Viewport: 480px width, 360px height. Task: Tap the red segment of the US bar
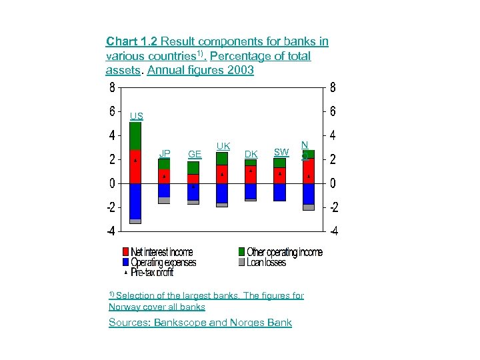click(x=135, y=167)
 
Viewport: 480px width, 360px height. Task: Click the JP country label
click(x=164, y=153)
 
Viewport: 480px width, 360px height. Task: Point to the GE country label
click(x=195, y=154)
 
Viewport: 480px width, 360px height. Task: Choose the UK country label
click(x=223, y=145)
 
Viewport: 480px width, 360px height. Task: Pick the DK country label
click(x=251, y=154)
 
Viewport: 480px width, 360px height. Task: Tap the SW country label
click(x=281, y=153)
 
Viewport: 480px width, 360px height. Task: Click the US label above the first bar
click(x=136, y=116)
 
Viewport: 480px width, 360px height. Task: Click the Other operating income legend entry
click(x=284, y=252)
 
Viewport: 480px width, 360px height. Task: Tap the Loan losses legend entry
click(x=266, y=262)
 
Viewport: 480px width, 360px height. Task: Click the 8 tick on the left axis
click(x=112, y=87)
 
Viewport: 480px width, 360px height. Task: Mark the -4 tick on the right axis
click(x=335, y=231)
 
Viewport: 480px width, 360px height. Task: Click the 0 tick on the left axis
click(x=112, y=183)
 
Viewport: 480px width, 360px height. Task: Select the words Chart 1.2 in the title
click(x=131, y=41)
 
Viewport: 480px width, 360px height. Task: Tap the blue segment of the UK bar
click(x=222, y=193)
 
